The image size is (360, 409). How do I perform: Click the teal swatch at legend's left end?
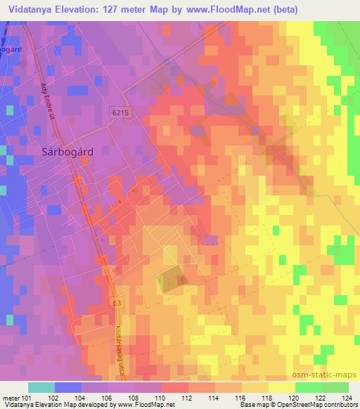click(x=41, y=387)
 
